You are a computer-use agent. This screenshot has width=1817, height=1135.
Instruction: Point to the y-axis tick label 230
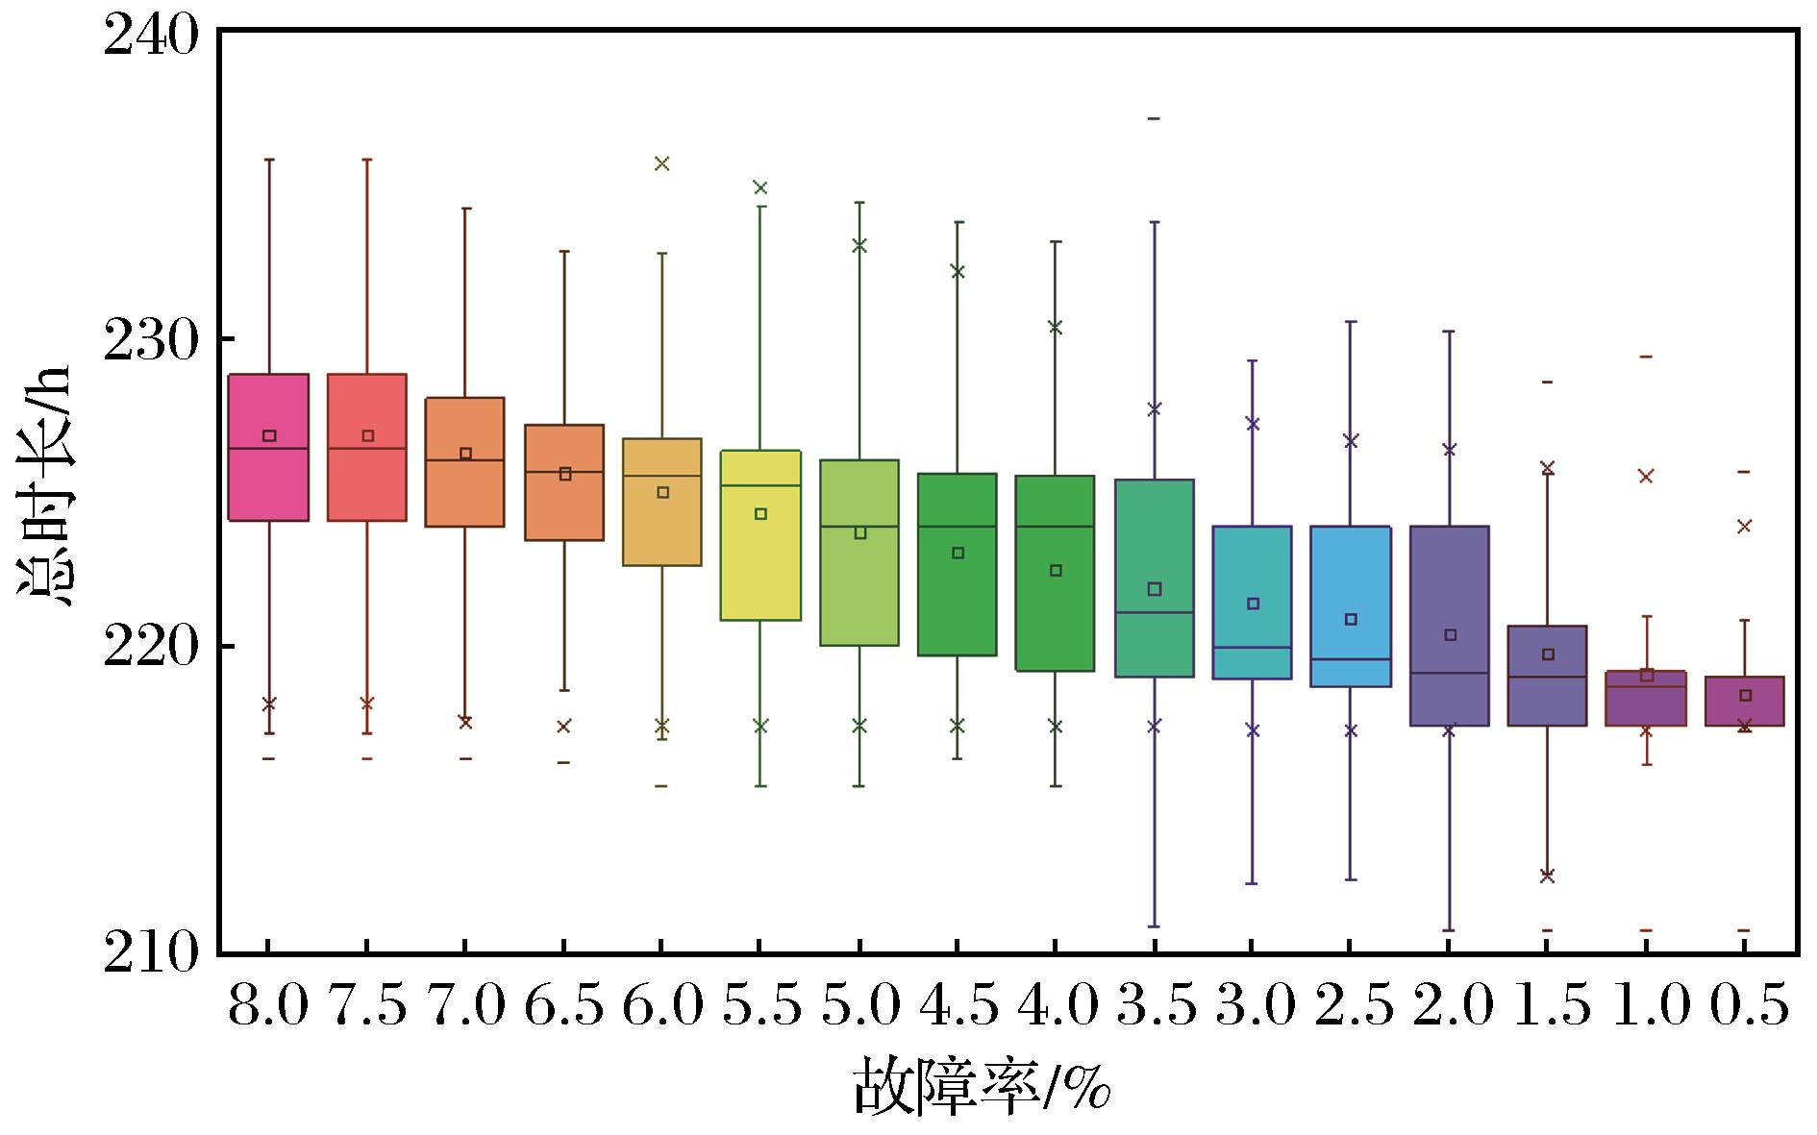click(150, 339)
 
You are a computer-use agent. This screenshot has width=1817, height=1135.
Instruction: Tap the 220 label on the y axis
click(150, 647)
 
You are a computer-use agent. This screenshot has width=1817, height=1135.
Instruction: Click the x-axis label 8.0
click(268, 1008)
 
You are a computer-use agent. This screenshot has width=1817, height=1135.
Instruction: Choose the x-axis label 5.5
click(760, 1008)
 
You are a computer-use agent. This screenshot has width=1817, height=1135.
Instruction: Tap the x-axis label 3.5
click(1155, 1008)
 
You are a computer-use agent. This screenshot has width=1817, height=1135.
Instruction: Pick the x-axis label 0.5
click(1746, 1008)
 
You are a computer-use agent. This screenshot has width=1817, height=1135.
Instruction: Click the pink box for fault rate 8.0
click(268, 447)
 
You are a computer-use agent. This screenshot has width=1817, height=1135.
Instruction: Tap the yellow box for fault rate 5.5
click(760, 535)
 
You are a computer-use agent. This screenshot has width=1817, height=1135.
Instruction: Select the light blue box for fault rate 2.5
click(1351, 606)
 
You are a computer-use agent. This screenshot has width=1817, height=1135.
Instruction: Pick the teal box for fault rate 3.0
click(1253, 603)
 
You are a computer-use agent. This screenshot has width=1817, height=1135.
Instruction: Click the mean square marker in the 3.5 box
click(1155, 589)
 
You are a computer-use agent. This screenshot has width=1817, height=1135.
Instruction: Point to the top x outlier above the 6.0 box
click(661, 163)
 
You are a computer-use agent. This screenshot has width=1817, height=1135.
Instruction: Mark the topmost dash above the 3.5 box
click(1155, 118)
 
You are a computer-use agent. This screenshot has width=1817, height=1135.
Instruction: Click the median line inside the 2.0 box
click(1450, 673)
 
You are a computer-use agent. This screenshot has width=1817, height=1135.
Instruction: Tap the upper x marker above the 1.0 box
click(1646, 476)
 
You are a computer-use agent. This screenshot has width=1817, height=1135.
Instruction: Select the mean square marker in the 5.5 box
click(760, 514)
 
